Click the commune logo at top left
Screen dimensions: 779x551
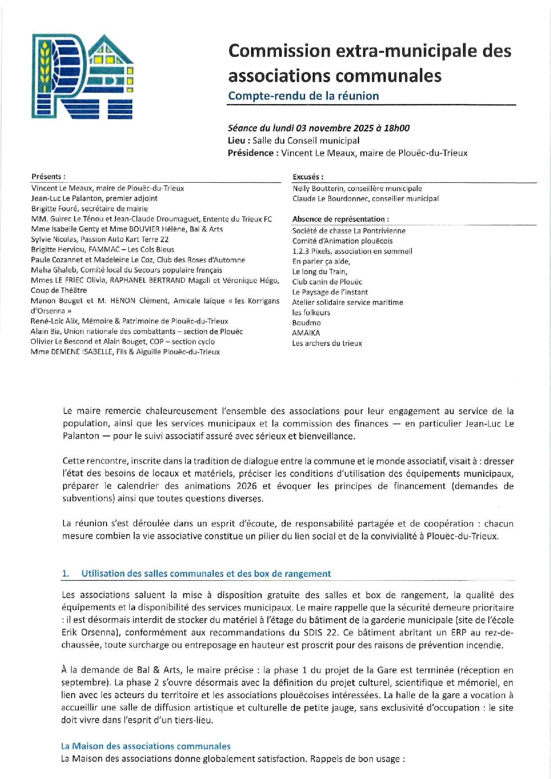82,76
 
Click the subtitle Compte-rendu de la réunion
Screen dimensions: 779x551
303,96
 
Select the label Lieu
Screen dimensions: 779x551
238,141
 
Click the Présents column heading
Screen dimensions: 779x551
48,176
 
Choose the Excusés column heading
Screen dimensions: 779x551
308,177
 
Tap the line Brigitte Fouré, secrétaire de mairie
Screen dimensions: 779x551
89,208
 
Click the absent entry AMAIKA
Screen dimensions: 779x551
306,333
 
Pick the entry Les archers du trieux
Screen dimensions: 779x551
327,343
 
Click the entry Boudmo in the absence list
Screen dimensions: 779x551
306,323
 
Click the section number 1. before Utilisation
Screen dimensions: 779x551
65,574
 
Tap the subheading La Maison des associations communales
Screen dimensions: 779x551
146,746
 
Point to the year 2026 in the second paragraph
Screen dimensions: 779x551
247,486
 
